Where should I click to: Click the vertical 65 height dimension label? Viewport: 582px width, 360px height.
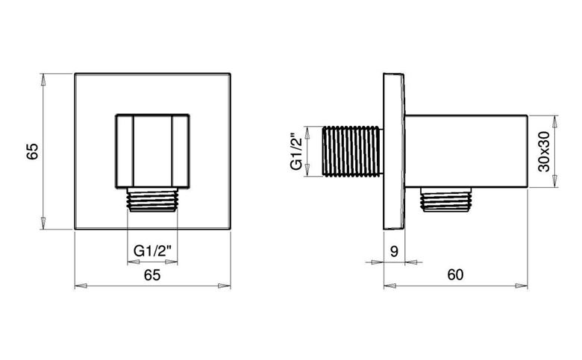tap(33, 151)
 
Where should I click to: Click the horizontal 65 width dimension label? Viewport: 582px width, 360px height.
tap(152, 275)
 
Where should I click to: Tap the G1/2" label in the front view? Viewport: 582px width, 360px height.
tap(152, 251)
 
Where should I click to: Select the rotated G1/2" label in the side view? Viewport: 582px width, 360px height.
tap(297, 151)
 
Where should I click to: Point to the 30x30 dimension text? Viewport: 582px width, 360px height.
tap(544, 151)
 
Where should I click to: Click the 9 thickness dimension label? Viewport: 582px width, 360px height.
tap(394, 252)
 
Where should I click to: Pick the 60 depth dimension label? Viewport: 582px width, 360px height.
tap(455, 275)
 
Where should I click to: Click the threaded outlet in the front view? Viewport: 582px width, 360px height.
tap(152, 200)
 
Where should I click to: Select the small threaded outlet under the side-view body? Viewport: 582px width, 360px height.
tap(445, 200)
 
